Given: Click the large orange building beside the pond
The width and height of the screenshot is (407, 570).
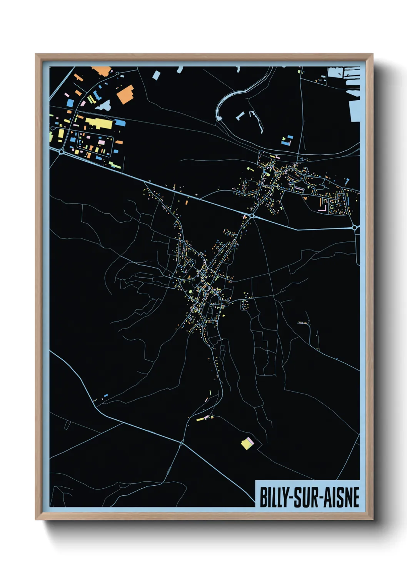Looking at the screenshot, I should (125, 94).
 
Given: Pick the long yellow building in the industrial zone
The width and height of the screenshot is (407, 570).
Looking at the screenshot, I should (99, 123).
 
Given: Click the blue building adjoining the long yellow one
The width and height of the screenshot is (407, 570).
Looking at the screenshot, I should (120, 123).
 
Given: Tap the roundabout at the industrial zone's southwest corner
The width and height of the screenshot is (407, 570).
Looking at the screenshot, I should (62, 152).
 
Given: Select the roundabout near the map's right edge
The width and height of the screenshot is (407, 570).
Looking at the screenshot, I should (354, 228).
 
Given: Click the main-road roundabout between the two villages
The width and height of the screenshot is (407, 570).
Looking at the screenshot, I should (252, 216).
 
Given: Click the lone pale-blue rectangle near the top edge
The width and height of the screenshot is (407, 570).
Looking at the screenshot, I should (156, 75).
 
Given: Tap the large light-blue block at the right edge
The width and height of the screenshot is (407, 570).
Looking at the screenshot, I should (355, 111).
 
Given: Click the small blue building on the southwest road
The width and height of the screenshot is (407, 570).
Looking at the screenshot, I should (106, 396).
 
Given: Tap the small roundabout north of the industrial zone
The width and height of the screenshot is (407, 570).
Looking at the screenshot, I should (117, 73).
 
